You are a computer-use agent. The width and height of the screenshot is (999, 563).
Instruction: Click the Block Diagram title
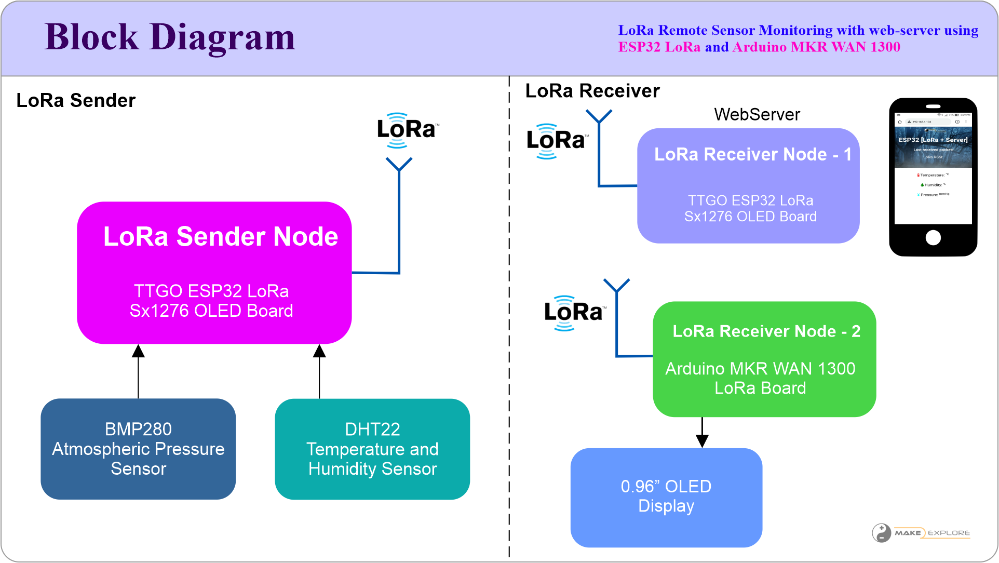point(170,37)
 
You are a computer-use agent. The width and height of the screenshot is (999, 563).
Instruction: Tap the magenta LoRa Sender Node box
point(214,272)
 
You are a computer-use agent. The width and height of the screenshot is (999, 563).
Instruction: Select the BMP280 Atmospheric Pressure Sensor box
point(138,449)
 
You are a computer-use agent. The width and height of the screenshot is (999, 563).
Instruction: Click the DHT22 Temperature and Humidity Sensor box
point(372,449)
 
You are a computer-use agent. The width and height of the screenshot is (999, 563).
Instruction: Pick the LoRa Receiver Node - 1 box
point(748,185)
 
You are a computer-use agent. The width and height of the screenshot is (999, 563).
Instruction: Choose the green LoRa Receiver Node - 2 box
point(764,359)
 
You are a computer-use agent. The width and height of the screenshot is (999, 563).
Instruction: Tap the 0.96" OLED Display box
point(666,497)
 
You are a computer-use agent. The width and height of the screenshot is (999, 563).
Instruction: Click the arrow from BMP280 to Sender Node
point(138,371)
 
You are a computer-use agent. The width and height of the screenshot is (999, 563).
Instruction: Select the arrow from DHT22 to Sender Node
point(319,371)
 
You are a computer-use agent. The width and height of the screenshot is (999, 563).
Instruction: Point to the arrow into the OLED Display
point(702,433)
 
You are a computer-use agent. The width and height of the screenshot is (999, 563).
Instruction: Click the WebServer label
point(757,114)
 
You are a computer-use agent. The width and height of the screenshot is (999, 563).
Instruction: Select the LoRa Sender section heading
point(76,100)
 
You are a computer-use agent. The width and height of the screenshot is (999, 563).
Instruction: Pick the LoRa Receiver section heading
point(592,91)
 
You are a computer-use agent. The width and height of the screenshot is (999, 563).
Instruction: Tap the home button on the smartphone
point(933,237)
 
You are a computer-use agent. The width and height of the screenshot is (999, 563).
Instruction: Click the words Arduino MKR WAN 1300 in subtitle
point(816,47)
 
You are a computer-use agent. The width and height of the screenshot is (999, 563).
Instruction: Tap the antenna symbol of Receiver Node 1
point(599,117)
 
